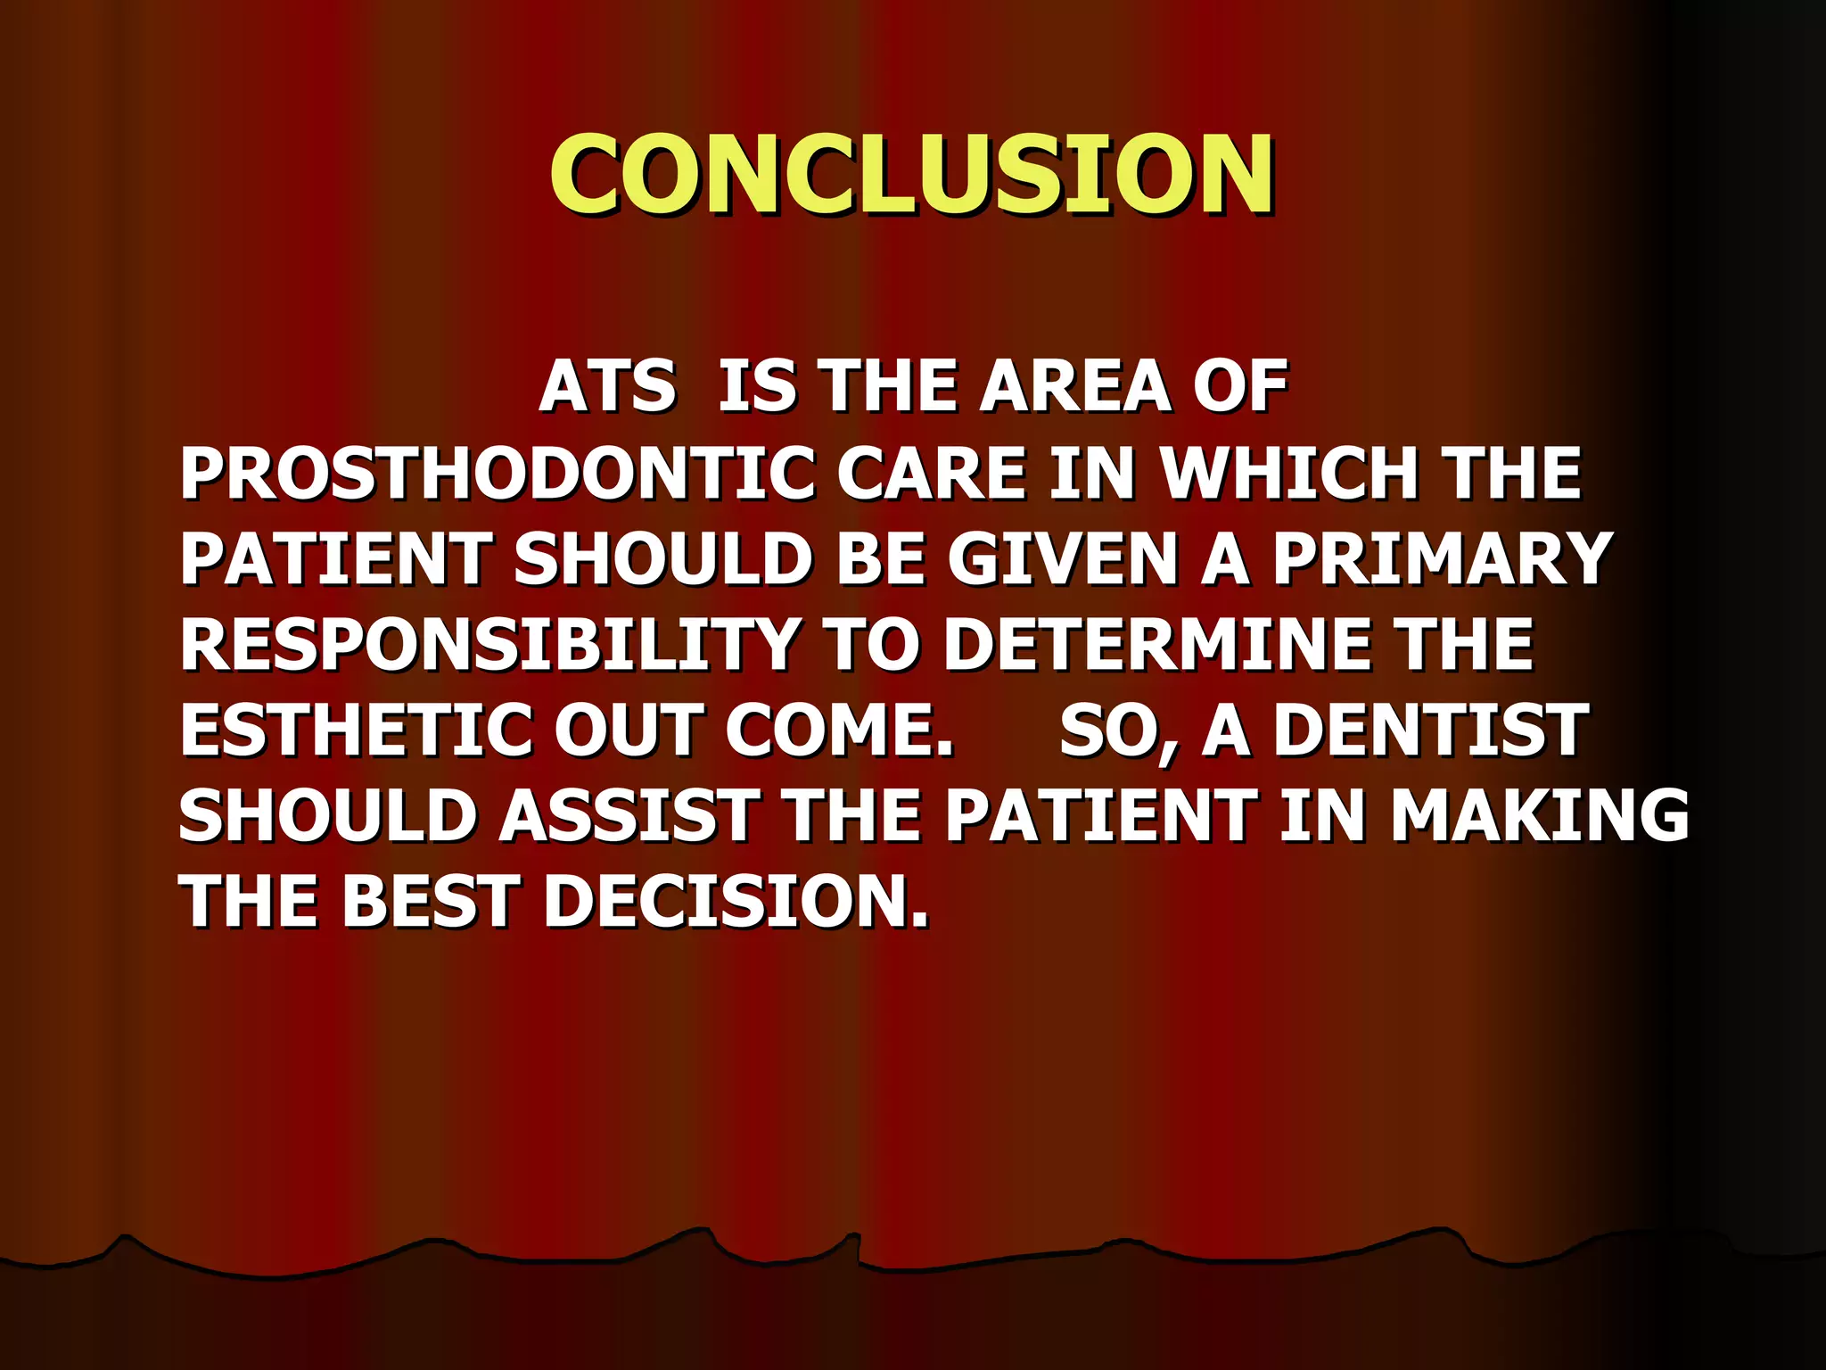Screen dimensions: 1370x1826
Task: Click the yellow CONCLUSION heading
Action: coord(911,175)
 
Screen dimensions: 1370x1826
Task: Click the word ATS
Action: coord(607,387)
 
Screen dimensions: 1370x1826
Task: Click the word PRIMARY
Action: coord(1441,559)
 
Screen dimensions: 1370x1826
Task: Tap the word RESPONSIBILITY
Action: coord(489,645)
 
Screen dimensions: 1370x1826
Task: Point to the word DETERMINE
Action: coord(1157,645)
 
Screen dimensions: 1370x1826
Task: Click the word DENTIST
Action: coord(1430,730)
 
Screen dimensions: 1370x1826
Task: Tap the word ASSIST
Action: coord(629,816)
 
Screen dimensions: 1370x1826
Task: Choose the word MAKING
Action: coord(1539,816)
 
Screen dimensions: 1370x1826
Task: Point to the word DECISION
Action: coord(736,901)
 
